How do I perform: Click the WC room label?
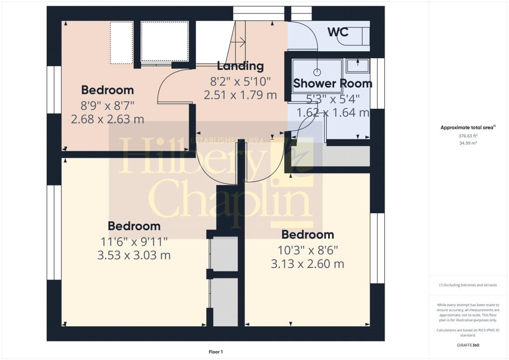point(338,32)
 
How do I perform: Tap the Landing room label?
point(240,66)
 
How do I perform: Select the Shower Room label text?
point(333,84)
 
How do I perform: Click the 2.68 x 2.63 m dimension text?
point(107,119)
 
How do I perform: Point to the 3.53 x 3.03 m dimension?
point(134,255)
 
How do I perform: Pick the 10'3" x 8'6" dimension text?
point(308,251)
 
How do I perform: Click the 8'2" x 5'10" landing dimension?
point(241,81)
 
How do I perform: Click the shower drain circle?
point(317,72)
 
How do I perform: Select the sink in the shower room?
point(358,66)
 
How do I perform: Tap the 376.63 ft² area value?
point(468,136)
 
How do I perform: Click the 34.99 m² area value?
point(468,143)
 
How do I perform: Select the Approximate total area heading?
point(468,128)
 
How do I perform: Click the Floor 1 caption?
point(216,352)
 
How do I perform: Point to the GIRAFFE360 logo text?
point(468,345)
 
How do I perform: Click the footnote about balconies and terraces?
point(468,285)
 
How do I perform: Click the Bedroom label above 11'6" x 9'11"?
point(134,226)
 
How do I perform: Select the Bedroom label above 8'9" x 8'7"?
point(107,90)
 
